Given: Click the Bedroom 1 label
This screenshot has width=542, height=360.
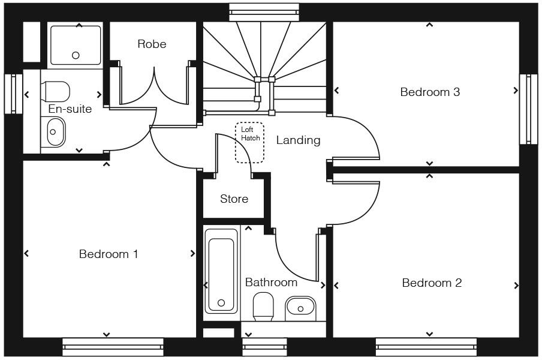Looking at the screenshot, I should point(109,254).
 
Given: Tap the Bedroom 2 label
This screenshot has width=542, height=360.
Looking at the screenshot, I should point(432,283).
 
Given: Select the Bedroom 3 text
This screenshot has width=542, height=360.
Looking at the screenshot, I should point(430,92).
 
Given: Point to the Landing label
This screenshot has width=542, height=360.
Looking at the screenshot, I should point(298,140).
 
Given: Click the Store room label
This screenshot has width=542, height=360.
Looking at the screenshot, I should point(234,199).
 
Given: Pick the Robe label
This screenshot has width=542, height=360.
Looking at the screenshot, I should point(152,44).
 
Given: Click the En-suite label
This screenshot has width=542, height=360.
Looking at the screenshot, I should point(70,109).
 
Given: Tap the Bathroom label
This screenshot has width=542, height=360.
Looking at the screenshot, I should point(271,283).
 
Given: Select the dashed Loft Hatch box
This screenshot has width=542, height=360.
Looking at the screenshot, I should point(249,143).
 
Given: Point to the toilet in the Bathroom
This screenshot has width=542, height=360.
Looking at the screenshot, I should point(263,307).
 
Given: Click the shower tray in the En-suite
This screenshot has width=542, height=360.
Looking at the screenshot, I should point(76,44).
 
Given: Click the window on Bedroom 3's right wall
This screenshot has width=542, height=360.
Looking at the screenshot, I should point(528,109).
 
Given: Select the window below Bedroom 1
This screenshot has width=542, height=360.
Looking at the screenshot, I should point(113,346).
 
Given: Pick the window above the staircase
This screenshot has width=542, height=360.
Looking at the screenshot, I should point(264,11).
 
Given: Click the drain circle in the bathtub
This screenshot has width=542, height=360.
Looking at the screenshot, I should point(221,303).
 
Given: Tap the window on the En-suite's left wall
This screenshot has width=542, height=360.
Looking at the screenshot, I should point(13,93).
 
